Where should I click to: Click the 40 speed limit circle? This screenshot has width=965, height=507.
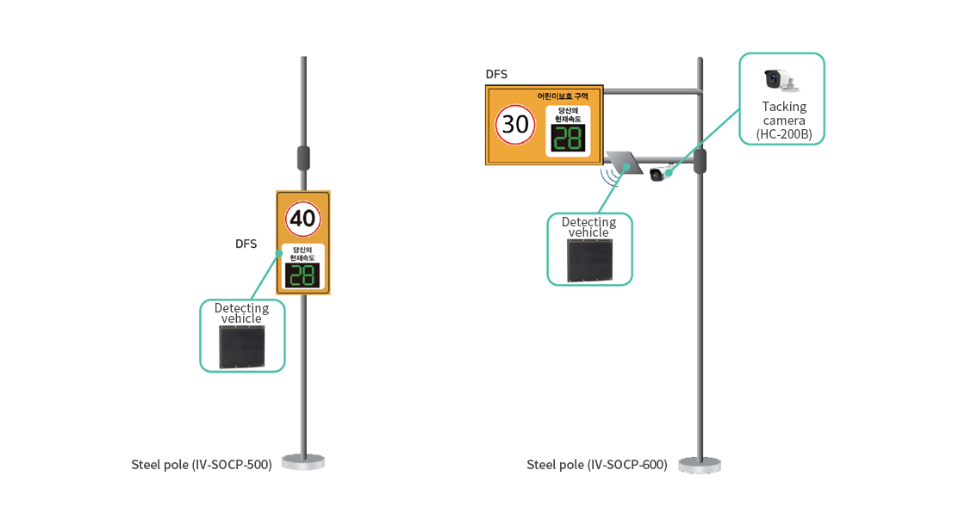coord(302,219)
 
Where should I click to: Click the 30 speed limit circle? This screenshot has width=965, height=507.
coord(515,124)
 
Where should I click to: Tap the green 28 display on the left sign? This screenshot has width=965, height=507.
coord(302,275)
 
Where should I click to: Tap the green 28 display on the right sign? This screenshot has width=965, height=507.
coord(568,139)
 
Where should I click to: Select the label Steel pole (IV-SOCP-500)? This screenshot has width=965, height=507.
coord(202,465)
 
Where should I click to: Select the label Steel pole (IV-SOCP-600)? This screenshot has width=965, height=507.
coord(597,465)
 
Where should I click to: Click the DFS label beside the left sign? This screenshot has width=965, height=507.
coord(246,244)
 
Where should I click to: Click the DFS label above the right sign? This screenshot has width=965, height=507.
coord(496,74)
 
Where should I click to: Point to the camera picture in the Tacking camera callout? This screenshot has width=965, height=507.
coord(781,80)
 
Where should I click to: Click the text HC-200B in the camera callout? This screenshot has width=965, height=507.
coord(784,133)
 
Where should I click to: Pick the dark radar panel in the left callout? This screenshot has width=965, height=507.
coord(241,347)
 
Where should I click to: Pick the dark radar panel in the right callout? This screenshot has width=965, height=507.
coord(589,261)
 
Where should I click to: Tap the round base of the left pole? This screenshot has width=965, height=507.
coord(303,462)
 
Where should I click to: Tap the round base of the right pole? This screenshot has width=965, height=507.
coord(700,465)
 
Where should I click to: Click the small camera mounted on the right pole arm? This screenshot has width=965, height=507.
coord(658,174)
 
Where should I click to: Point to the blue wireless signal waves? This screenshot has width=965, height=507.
coord(611,176)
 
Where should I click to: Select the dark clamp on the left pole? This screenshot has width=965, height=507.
coord(303,158)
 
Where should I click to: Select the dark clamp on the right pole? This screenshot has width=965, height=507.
coord(700,161)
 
